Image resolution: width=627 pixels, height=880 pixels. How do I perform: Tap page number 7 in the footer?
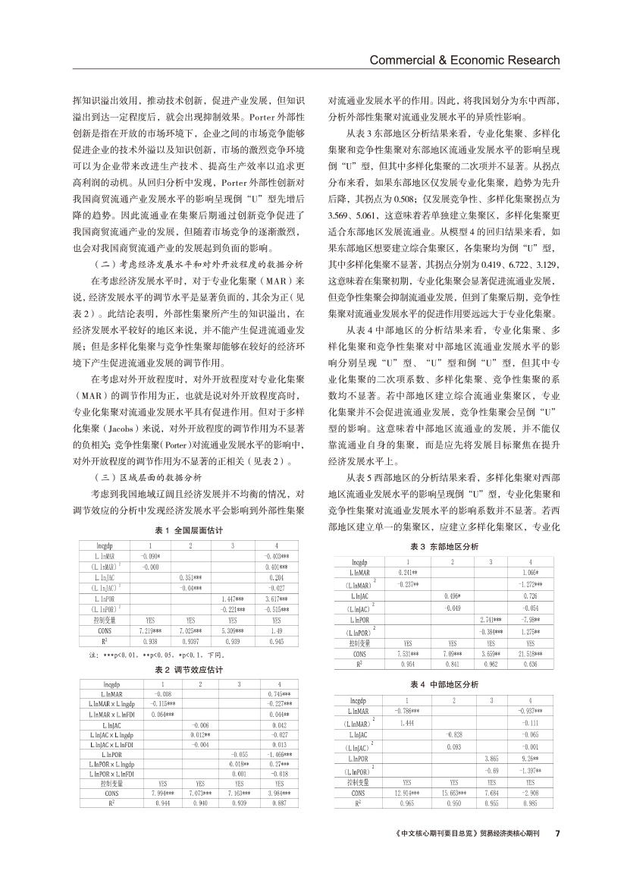point(557,853)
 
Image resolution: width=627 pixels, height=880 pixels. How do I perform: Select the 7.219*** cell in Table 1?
point(149,630)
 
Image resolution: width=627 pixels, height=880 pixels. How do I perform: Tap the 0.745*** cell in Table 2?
point(280,693)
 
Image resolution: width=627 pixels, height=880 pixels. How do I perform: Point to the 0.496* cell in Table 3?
point(453,596)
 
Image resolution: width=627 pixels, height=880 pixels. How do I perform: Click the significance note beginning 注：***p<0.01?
point(129,652)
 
